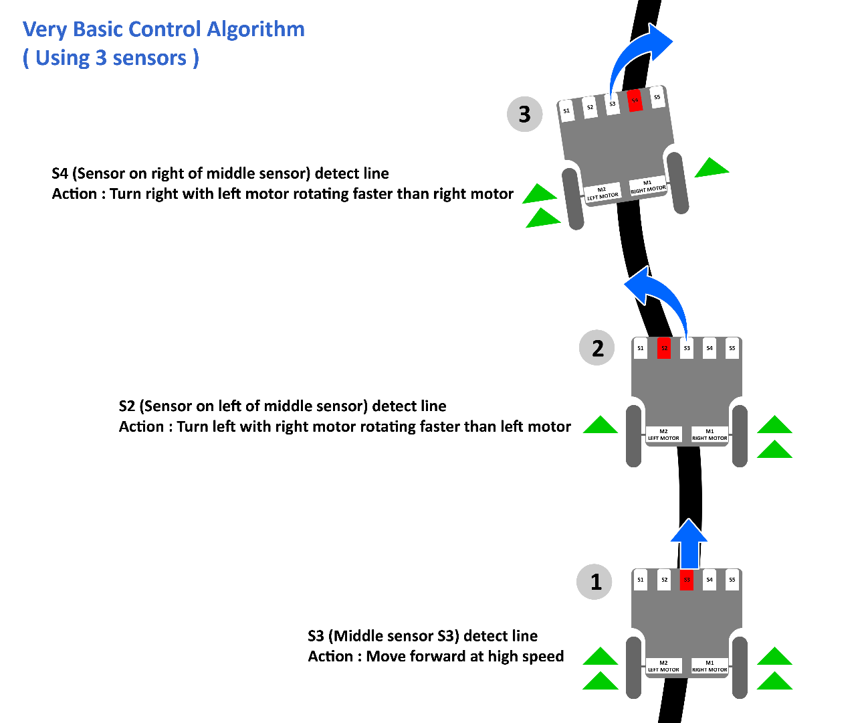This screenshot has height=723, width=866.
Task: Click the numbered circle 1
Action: (x=594, y=582)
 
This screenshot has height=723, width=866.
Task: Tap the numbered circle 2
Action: (x=597, y=348)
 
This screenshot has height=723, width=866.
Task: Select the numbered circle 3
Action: (x=525, y=114)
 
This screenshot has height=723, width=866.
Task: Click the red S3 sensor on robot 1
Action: (x=687, y=580)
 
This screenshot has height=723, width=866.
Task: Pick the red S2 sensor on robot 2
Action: (x=664, y=348)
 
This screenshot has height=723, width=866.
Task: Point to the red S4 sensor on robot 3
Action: (x=635, y=100)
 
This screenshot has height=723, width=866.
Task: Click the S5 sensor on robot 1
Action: (x=732, y=580)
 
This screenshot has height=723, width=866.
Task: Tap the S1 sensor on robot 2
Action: (x=641, y=348)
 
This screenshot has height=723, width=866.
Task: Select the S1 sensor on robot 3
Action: (x=566, y=111)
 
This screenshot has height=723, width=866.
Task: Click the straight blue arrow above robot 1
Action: (x=689, y=544)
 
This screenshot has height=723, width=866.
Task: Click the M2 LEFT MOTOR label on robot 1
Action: (x=663, y=666)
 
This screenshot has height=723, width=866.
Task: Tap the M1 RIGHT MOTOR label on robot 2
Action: (x=710, y=434)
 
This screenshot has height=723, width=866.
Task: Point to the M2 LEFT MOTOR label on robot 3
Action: (x=603, y=193)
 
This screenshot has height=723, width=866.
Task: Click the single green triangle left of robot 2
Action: (x=601, y=426)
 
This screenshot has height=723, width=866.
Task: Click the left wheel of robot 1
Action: (x=634, y=668)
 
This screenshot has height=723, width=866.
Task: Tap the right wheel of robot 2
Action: (x=740, y=436)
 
